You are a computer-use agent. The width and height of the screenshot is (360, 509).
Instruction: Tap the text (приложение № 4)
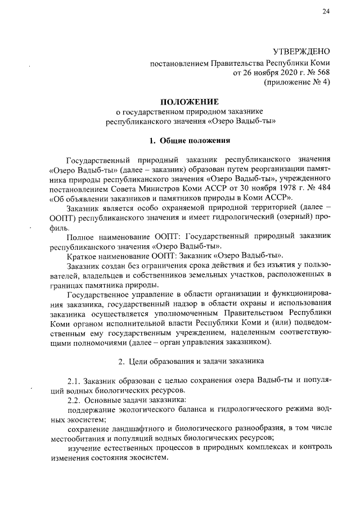(296, 82)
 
